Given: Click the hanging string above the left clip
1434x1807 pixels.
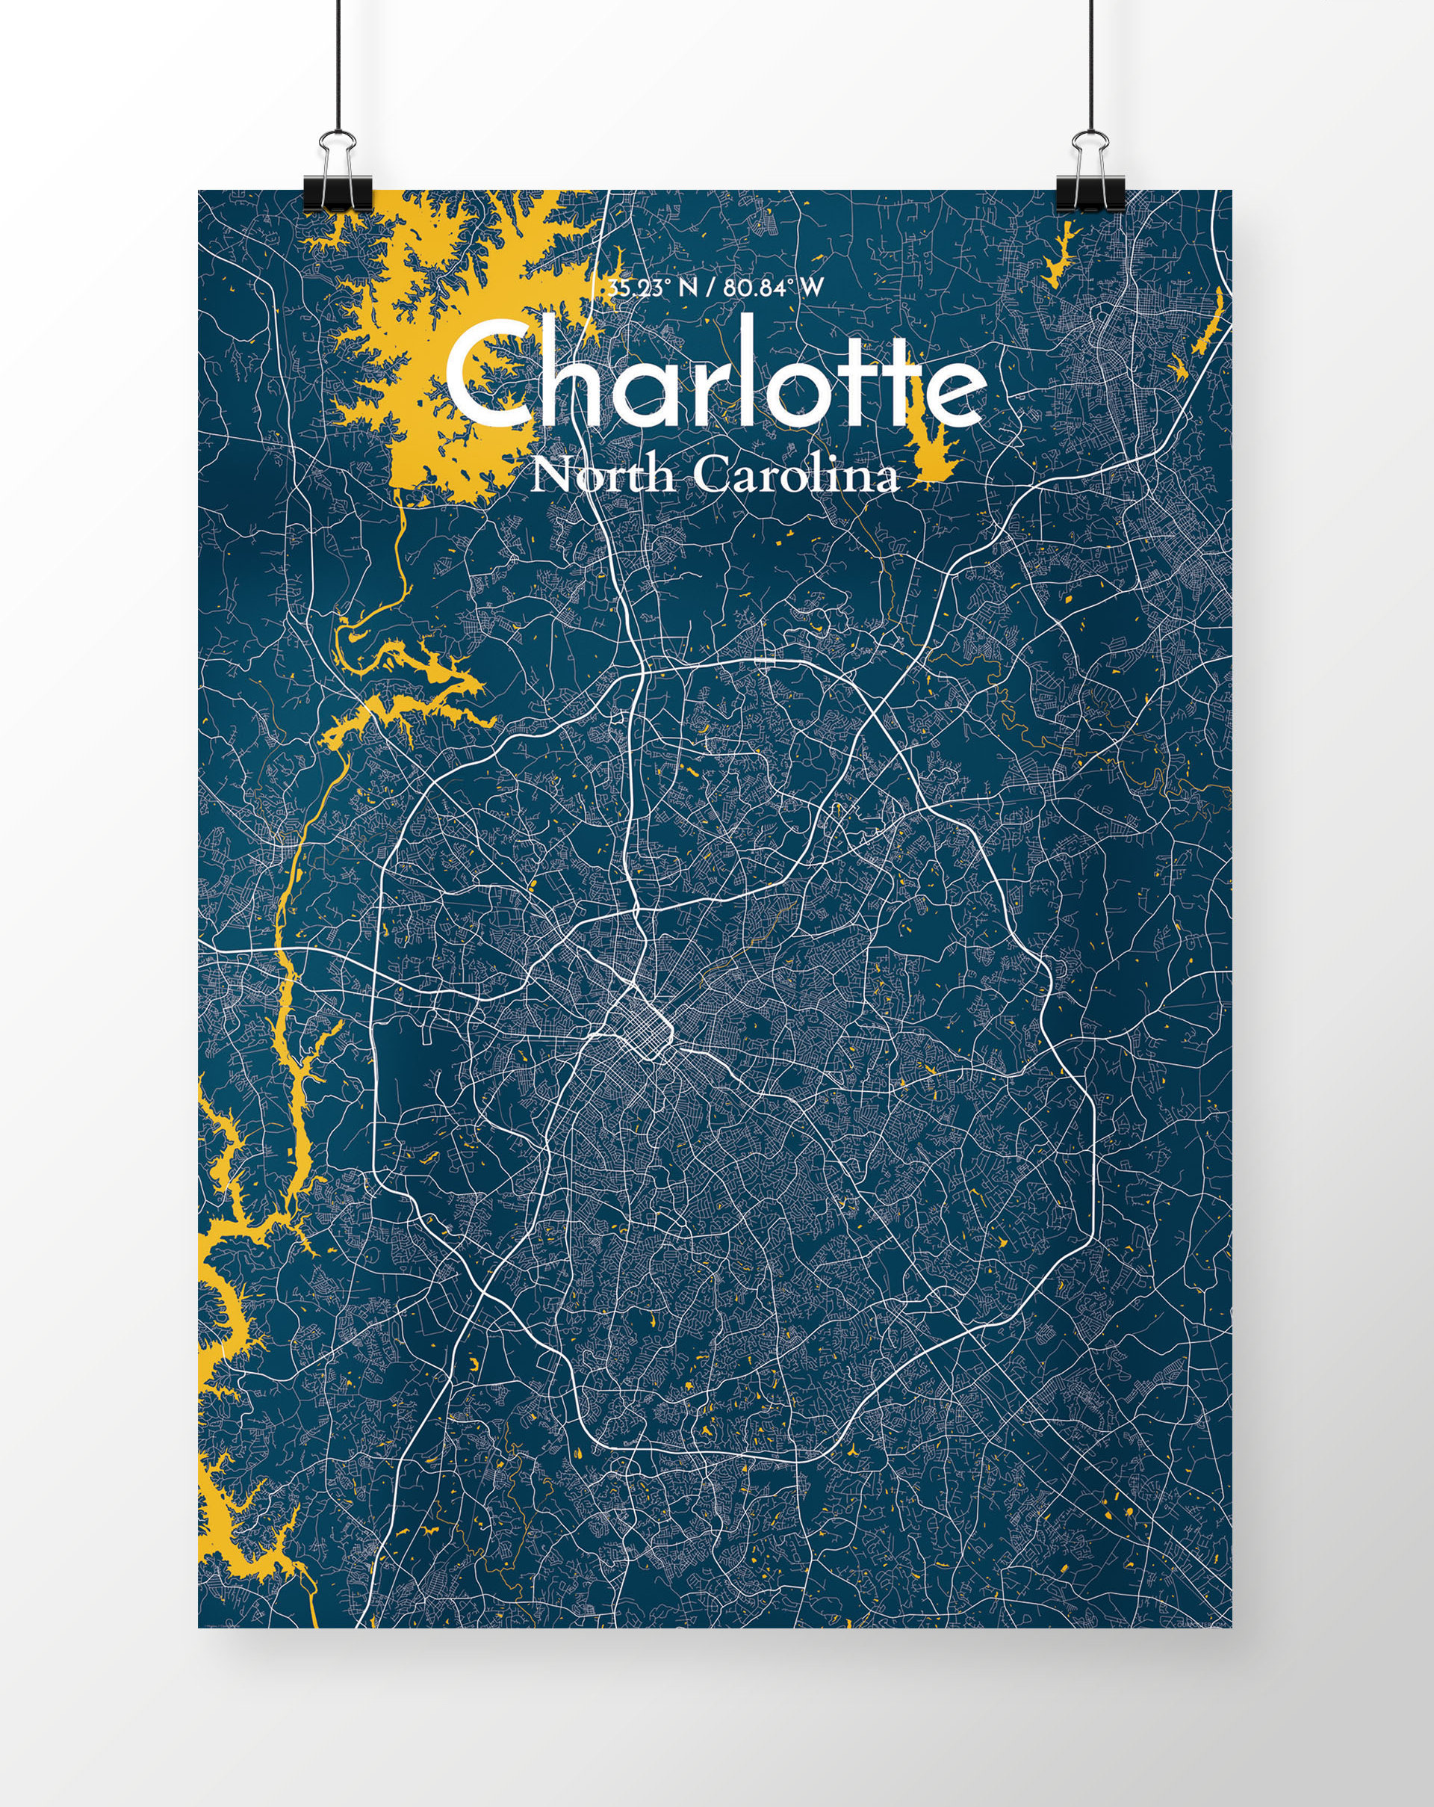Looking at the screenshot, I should [x=337, y=67].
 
